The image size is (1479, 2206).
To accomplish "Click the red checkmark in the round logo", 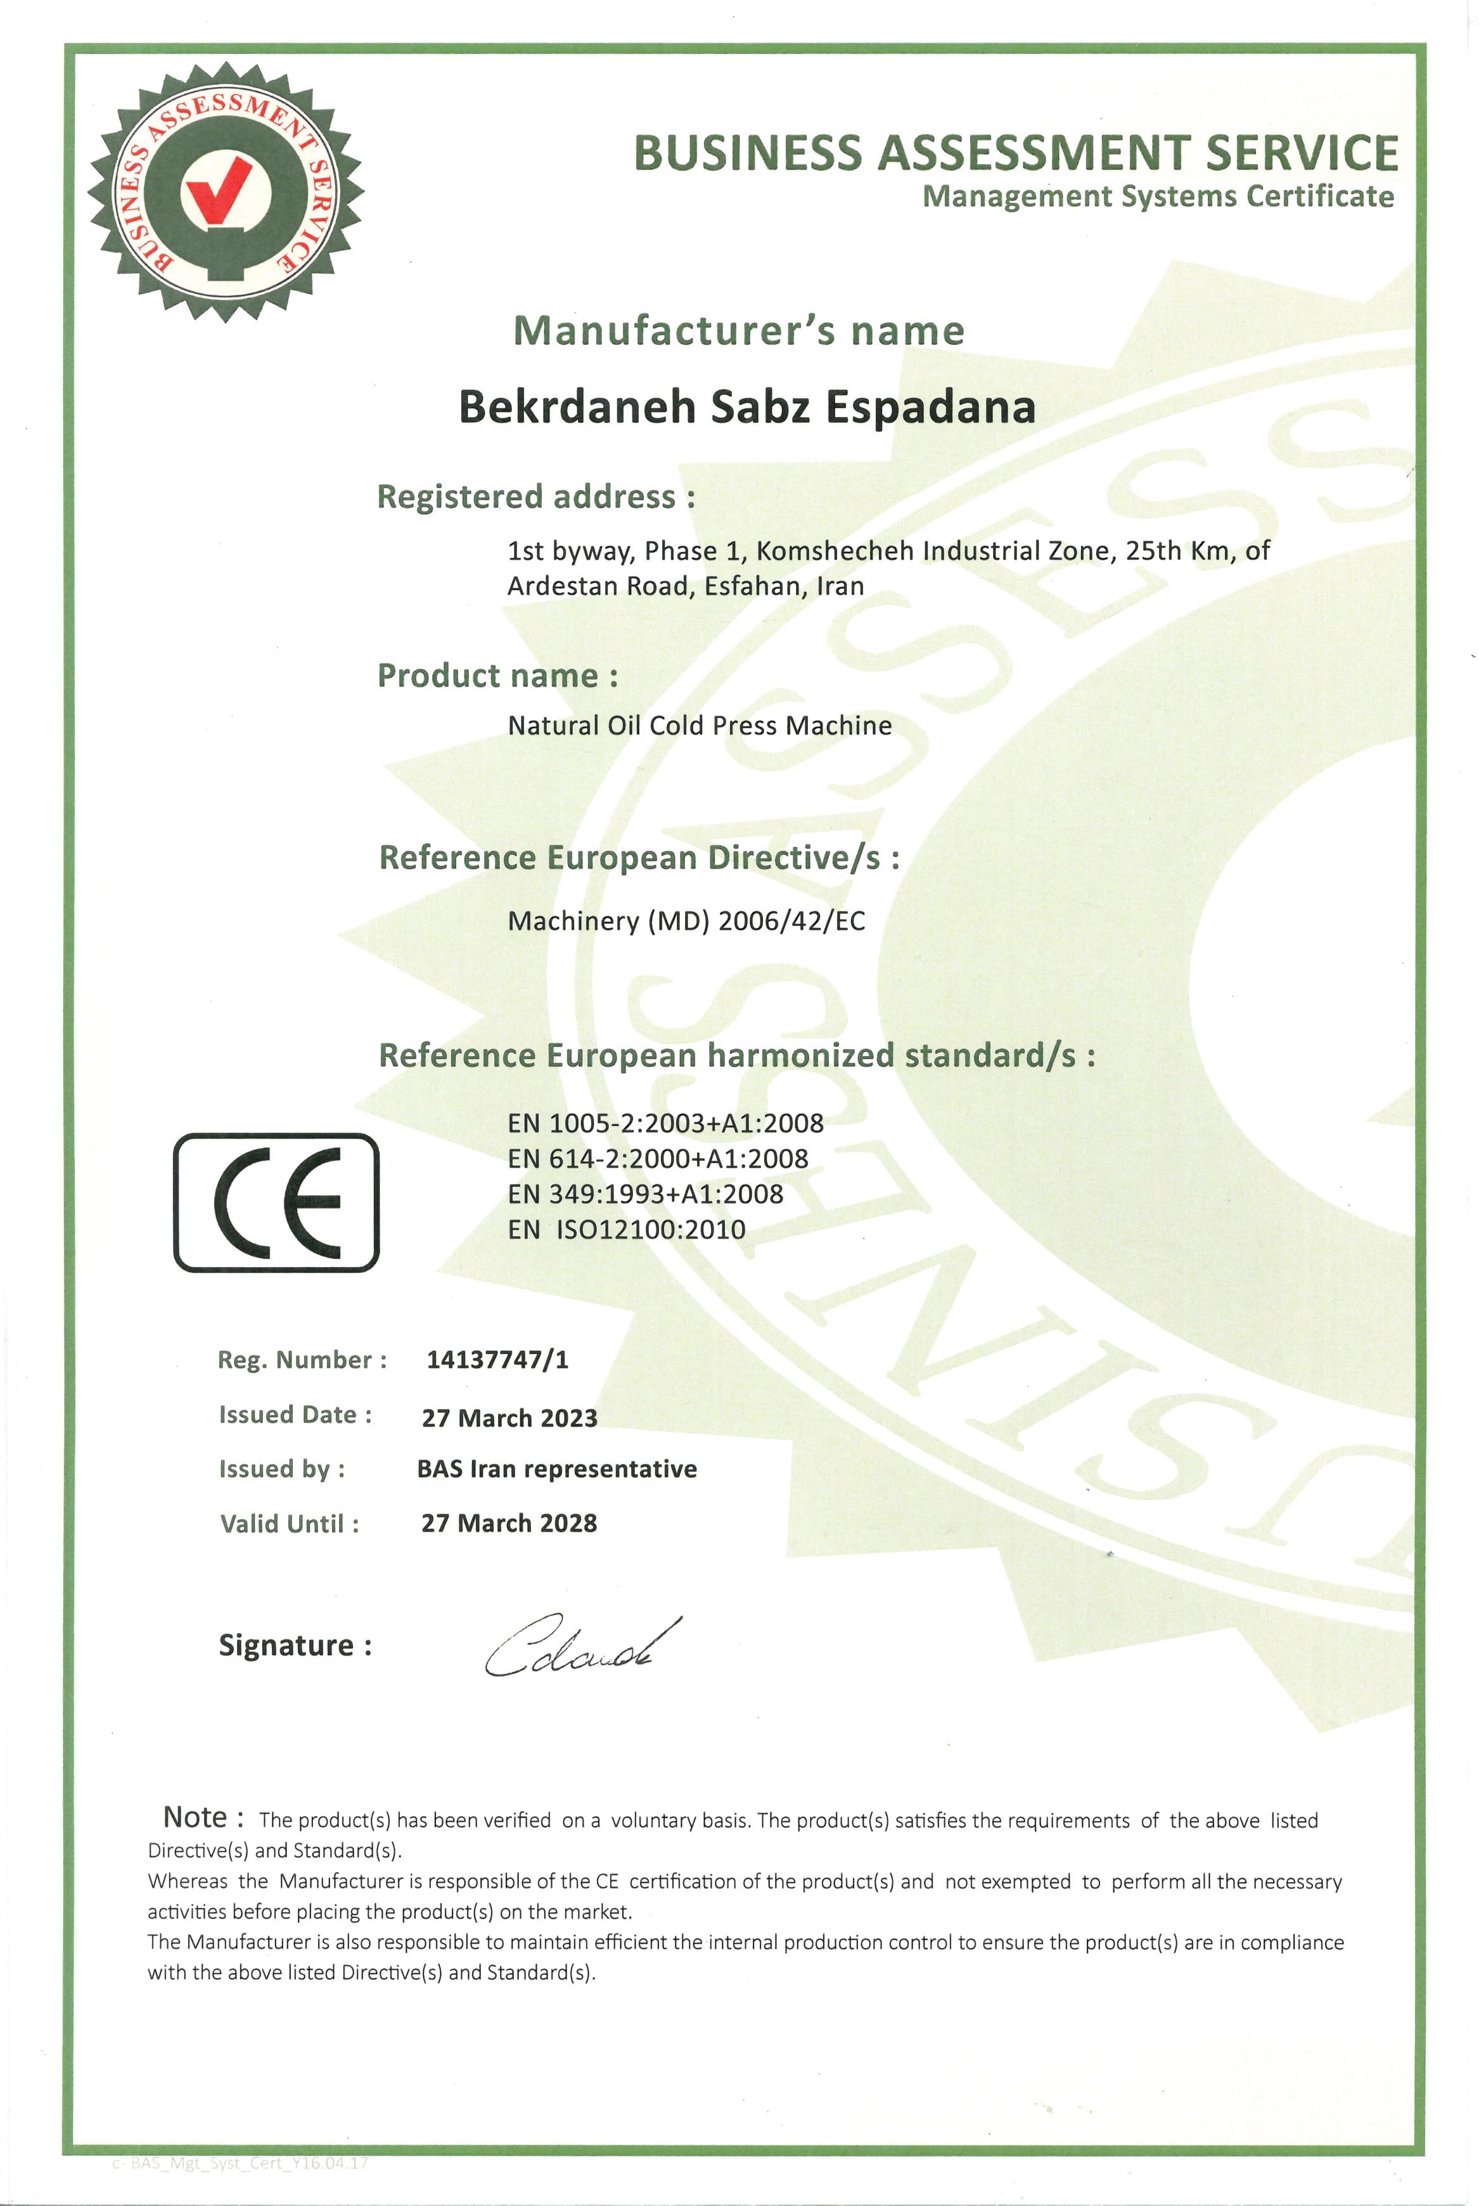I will (x=219, y=189).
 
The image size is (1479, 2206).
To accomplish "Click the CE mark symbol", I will (x=276, y=1202).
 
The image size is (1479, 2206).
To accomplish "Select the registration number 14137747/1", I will (x=497, y=1360).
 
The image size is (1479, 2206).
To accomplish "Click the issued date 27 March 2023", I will (x=509, y=1417).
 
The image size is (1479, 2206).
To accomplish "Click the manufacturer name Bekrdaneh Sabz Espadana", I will (x=747, y=407).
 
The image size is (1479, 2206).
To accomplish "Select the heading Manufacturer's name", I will (x=739, y=331).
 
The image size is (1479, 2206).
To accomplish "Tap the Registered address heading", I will (x=535, y=496).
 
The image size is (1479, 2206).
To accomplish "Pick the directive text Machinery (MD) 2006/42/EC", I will (x=686, y=921).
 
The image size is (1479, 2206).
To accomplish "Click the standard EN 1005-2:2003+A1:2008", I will (x=665, y=1123).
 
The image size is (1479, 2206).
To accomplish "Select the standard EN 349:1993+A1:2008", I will (x=645, y=1194).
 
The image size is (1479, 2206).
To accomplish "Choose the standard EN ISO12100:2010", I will (x=626, y=1229).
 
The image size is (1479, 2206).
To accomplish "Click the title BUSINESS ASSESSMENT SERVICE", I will (x=1015, y=153).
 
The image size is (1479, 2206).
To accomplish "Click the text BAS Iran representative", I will (x=556, y=1469).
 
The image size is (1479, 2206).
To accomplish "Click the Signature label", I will (x=295, y=1646).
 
